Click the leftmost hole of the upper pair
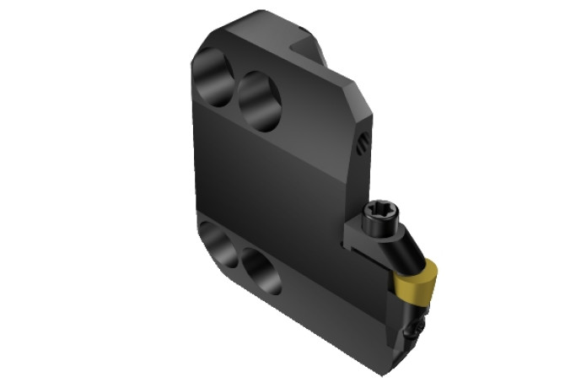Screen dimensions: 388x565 click(x=214, y=78)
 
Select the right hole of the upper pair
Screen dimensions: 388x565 click(x=260, y=100)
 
